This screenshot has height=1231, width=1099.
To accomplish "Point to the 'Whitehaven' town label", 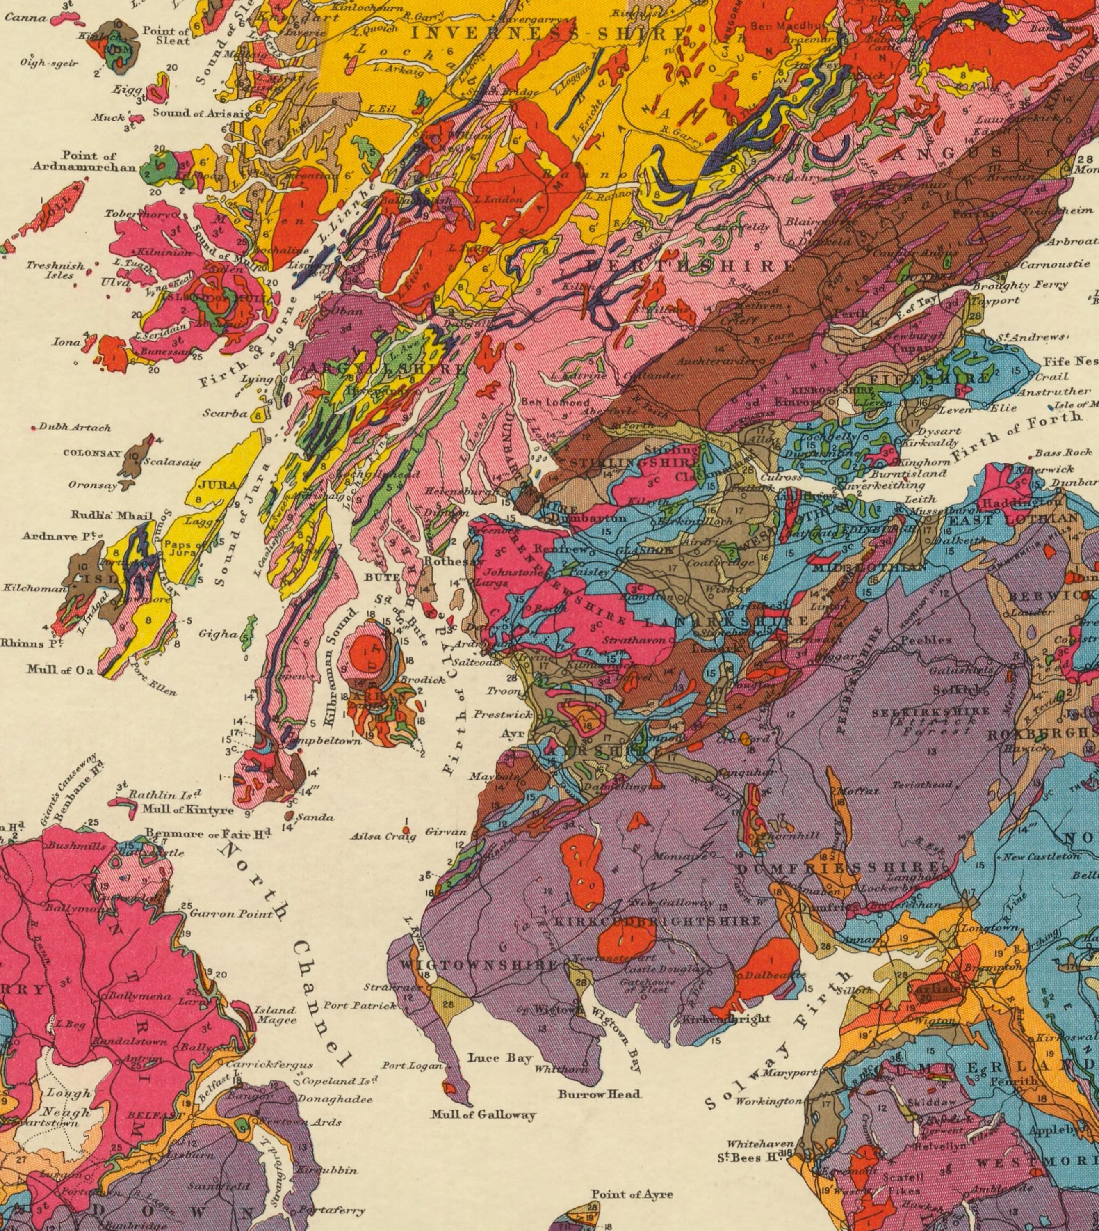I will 759,1144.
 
